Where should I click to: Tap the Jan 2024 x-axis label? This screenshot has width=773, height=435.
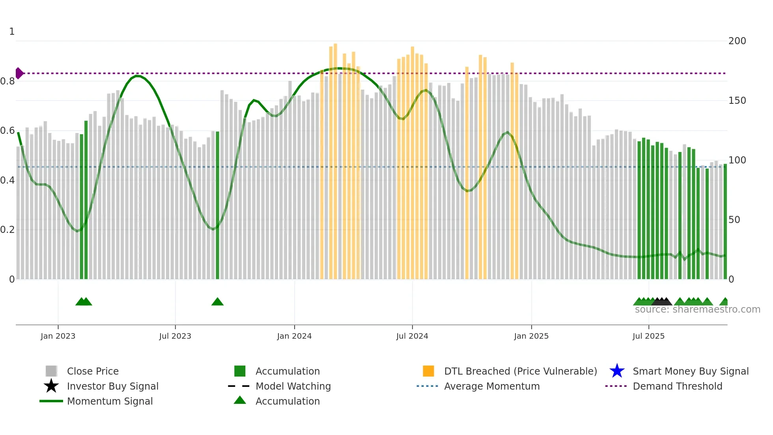pos(294,336)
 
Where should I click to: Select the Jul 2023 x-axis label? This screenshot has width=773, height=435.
pos(175,336)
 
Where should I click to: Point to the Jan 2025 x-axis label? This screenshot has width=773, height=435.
pos(531,336)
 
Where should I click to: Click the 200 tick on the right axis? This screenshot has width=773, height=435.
pos(737,41)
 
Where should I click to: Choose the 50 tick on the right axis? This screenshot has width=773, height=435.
pos(734,220)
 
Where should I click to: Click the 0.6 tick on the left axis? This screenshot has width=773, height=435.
pos(7,131)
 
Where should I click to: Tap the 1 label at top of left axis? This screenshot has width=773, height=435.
pos(12,32)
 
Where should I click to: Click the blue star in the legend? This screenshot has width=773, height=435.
pos(617,371)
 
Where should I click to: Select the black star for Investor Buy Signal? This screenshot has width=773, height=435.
pos(51,386)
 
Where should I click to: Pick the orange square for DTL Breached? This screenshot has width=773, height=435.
pos(428,371)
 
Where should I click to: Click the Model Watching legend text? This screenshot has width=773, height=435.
pos(293,386)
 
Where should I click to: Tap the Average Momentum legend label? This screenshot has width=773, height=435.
pos(492,386)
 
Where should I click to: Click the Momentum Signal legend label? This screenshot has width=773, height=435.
pos(110,401)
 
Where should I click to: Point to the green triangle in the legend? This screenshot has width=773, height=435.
pos(240,401)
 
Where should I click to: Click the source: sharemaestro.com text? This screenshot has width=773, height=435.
pos(697,309)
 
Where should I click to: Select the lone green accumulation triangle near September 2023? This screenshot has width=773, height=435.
pos(217,302)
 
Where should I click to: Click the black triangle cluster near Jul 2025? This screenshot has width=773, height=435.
pos(662,302)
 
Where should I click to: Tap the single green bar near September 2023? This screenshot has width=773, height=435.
pos(217,205)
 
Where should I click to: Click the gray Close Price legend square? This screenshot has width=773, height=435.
pos(51,371)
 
